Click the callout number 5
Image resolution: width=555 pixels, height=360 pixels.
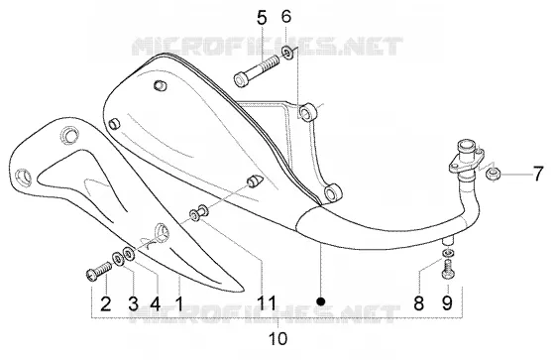pos(262,19)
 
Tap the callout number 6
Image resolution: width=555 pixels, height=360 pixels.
pos(286,16)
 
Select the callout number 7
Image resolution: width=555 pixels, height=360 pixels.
pos(537,175)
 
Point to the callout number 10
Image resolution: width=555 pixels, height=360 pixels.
pos(278,339)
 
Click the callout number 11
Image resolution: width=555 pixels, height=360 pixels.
pos(267,302)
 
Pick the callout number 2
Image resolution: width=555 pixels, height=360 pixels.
pos(105,304)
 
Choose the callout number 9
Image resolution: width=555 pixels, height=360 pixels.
pos(447,303)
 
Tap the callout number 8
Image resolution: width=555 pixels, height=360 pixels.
pos(418,303)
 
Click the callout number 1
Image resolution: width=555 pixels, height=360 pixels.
pos(179,304)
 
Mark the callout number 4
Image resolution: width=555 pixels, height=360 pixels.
pos(156,304)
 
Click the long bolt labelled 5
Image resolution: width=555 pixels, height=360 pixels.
pos(257,69)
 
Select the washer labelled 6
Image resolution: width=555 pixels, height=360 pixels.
pos(287,53)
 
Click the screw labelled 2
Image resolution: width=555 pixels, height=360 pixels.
pos(99,271)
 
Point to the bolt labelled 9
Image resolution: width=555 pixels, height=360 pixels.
pos(448,269)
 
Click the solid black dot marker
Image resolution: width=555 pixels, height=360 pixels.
pos(321,301)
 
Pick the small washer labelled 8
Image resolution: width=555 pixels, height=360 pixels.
pos(448,253)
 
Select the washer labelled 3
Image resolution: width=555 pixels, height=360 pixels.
pos(118,258)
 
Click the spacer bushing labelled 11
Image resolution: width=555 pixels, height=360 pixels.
pos(198,213)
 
